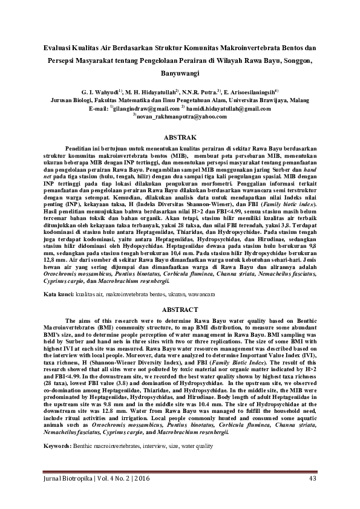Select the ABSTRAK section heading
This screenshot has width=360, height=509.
click(x=180, y=138)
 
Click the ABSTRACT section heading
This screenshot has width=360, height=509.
click(x=180, y=310)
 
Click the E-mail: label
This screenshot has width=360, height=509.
click(x=99, y=108)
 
